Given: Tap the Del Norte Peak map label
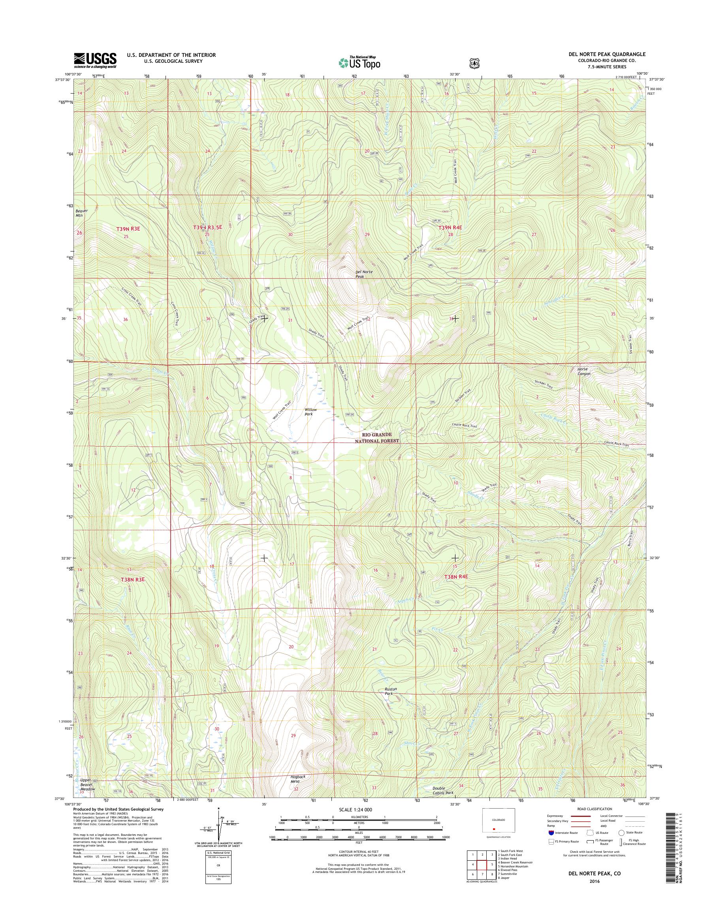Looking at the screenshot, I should point(364,274).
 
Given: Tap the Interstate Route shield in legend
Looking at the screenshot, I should point(551,832).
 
